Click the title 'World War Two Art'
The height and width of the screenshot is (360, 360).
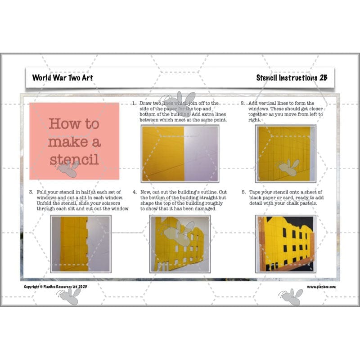pos(63,77)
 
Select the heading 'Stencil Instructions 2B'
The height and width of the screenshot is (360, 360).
pos(292,77)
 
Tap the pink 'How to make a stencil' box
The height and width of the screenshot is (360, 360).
pos(74,141)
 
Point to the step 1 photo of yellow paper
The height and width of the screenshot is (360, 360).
pos(180,153)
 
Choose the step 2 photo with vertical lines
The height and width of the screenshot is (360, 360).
pos(285,153)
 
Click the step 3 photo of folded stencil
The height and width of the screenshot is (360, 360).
pos(81,244)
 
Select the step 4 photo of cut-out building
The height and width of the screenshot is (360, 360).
pos(180,244)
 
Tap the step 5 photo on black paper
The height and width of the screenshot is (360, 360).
pos(285,244)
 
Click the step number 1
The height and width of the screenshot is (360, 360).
pos(134,103)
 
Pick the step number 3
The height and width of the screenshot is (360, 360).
pos(31,192)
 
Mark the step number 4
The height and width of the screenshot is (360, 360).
pos(134,192)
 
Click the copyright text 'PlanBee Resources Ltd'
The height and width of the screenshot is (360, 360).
pos(63,287)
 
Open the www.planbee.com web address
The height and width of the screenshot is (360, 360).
pos(321,287)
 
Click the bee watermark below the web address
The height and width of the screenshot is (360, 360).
pos(290,297)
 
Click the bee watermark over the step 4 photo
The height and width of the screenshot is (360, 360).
pos(178,234)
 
